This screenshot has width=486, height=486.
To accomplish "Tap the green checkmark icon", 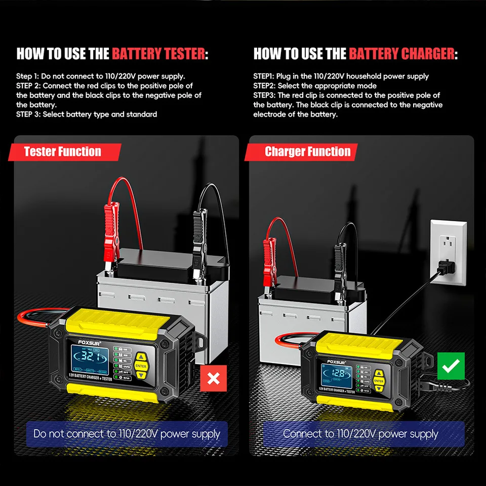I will (x=450, y=366).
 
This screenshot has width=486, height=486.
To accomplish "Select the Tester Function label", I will (x=63, y=152).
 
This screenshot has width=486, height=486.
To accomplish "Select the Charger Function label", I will (x=307, y=152).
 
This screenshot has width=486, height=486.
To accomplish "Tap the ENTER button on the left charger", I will (x=141, y=366).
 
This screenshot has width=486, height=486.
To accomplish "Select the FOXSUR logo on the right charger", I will (x=334, y=361).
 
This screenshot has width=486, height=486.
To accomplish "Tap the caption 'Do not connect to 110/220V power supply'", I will (x=127, y=434).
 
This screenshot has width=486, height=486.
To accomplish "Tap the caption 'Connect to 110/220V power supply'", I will (x=360, y=434).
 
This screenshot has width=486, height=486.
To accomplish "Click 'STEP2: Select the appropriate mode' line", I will (x=315, y=86).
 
